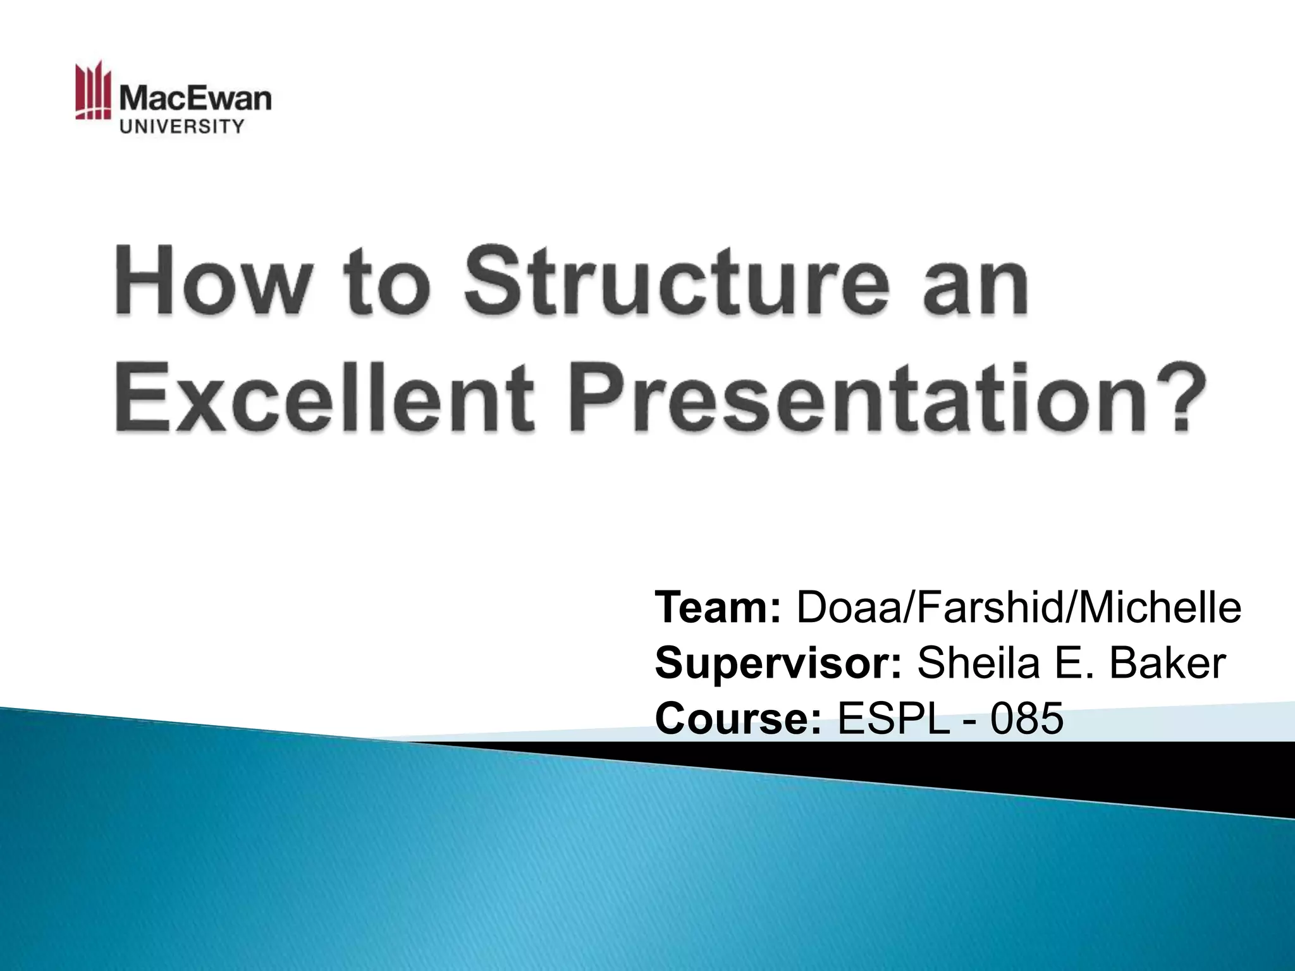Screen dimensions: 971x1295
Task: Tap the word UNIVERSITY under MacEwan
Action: pos(181,127)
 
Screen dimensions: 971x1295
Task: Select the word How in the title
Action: pos(209,283)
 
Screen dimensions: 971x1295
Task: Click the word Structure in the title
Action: pos(671,283)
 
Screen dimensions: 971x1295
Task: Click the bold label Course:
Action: pos(739,719)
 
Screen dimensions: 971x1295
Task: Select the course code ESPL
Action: pos(893,719)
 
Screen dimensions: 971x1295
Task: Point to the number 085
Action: pos(1026,719)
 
